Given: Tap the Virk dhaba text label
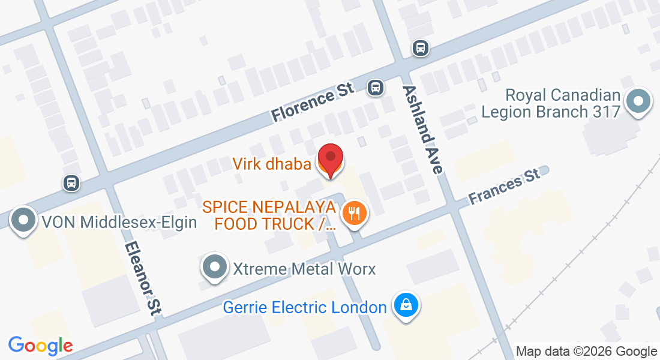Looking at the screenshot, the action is [272, 163].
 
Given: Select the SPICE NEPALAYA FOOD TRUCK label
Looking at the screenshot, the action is [268, 216].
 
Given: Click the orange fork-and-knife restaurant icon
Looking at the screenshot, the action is [355, 214].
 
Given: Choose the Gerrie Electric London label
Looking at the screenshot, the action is [304, 308].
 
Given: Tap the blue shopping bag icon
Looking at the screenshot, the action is [406, 305].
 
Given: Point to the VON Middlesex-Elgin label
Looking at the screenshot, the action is [119, 223].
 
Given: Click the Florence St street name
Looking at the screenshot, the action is [312, 103].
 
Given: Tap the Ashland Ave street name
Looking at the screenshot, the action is [423, 129].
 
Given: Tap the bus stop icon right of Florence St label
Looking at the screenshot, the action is [376, 88].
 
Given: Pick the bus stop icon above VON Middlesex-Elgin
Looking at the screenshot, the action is [71, 183].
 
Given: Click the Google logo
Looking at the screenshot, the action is [40, 346].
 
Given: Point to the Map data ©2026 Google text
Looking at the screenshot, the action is [587, 352].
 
